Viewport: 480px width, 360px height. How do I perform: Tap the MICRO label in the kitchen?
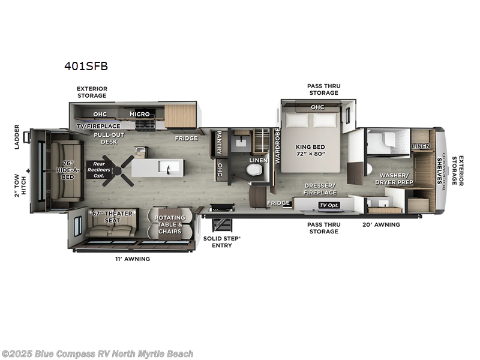[x=140, y=114]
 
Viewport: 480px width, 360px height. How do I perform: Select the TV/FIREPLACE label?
[x=98, y=126]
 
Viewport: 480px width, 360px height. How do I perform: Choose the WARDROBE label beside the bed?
[x=277, y=146]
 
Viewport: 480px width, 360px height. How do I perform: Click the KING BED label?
[x=310, y=149]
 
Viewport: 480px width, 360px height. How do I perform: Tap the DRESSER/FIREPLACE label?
[x=320, y=189]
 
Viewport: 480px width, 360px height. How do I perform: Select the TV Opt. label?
[x=329, y=205]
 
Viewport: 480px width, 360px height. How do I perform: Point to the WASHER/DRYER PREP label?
[x=394, y=178]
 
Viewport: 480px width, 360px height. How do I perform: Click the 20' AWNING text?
[x=380, y=224]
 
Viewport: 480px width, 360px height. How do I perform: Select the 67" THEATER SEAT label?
[x=112, y=217]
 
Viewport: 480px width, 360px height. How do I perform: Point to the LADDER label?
[x=17, y=137]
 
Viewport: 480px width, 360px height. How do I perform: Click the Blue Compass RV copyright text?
[x=97, y=353]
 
